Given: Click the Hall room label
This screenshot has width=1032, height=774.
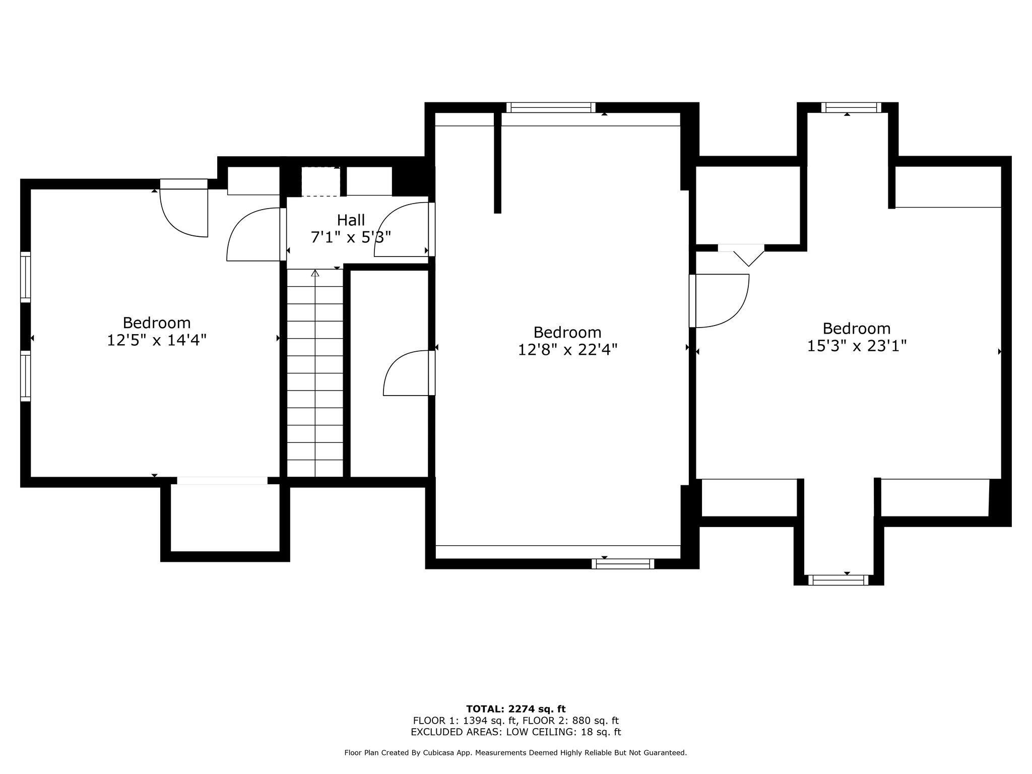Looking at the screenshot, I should (351, 220).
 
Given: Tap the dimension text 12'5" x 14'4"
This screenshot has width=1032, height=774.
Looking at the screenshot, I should (157, 340).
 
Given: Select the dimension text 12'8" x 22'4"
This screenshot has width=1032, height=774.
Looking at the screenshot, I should (567, 350).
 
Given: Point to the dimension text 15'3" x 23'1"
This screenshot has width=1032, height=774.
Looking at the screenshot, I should (857, 346).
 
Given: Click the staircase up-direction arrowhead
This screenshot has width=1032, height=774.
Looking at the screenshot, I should (315, 273).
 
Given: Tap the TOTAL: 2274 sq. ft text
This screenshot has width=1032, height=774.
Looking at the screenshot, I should (515, 709).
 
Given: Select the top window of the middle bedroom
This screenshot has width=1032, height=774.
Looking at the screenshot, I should (551, 107).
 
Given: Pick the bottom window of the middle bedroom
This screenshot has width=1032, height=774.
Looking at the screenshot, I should (623, 564).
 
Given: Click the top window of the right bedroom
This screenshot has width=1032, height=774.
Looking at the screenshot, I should (851, 107).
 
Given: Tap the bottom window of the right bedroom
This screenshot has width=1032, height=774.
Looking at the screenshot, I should (838, 580).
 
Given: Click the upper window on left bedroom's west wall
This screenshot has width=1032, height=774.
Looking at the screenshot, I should (25, 277).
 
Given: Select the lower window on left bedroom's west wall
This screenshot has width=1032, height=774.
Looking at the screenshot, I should (25, 376).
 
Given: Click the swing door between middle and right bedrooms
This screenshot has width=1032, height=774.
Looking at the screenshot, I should (720, 301).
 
